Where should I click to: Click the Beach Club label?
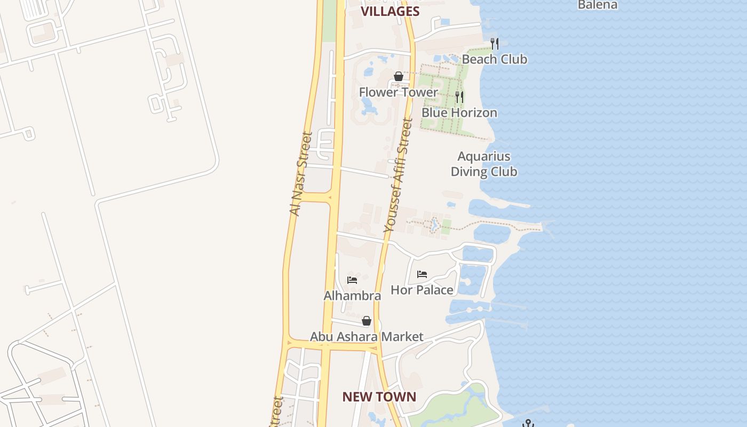pyautogui.click(x=494, y=59)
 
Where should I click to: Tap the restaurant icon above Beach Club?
pyautogui.click(x=495, y=43)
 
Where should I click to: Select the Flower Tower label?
pyautogui.click(x=398, y=92)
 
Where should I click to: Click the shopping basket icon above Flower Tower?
pyautogui.click(x=398, y=76)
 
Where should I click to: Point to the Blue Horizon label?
pyautogui.click(x=459, y=113)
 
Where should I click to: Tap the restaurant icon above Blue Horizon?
pyautogui.click(x=459, y=97)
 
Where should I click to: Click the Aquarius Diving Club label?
pyautogui.click(x=484, y=164)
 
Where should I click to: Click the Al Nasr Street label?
pyautogui.click(x=300, y=174)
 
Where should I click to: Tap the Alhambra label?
pyautogui.click(x=352, y=296)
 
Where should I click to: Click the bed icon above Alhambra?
pyautogui.click(x=352, y=279)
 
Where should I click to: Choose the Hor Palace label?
pyautogui.click(x=422, y=290)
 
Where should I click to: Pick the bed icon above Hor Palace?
pyautogui.click(x=422, y=274)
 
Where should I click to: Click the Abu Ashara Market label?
pyautogui.click(x=367, y=337)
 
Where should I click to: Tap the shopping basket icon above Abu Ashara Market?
pyautogui.click(x=367, y=321)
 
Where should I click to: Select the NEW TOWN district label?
pyautogui.click(x=379, y=397)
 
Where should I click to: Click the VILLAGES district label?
pyautogui.click(x=390, y=11)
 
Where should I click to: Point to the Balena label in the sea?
pyautogui.click(x=598, y=5)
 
